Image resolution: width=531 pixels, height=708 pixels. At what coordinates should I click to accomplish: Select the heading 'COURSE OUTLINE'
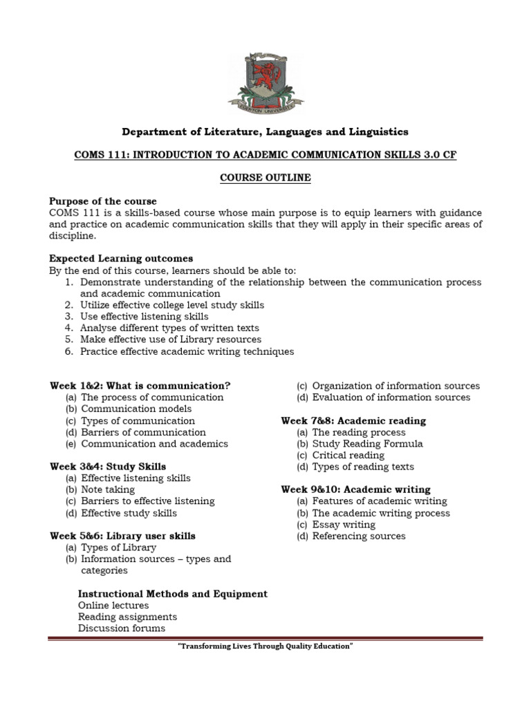[x=265, y=178]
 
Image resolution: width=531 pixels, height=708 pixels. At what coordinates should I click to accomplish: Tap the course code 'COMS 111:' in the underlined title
[x=97, y=155]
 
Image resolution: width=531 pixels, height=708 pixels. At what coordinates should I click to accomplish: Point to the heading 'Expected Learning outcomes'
[x=121, y=259]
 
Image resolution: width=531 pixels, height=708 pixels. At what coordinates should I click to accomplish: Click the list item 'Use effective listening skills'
[x=144, y=317]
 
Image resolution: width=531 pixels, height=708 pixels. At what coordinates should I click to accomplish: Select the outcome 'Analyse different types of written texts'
[x=170, y=328]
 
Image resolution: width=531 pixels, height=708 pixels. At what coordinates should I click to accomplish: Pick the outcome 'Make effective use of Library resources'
[x=171, y=339]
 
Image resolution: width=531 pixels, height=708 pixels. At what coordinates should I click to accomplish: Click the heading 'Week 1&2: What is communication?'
[x=140, y=386]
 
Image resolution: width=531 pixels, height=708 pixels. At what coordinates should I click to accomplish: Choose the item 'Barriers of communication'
[x=143, y=432]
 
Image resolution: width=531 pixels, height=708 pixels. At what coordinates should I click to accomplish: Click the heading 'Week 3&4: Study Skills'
[x=108, y=467]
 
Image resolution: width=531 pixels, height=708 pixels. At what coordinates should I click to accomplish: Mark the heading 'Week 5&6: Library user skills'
[x=122, y=536]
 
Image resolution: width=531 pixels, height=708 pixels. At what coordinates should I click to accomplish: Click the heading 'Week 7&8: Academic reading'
[x=353, y=420]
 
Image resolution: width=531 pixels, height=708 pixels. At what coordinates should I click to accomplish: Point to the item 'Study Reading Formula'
[x=367, y=443]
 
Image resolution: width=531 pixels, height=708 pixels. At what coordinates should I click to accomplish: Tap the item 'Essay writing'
[x=344, y=524]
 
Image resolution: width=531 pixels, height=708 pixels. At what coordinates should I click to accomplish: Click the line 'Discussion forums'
[x=122, y=628]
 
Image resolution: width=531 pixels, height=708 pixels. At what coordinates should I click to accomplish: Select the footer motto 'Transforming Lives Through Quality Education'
[x=265, y=646]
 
